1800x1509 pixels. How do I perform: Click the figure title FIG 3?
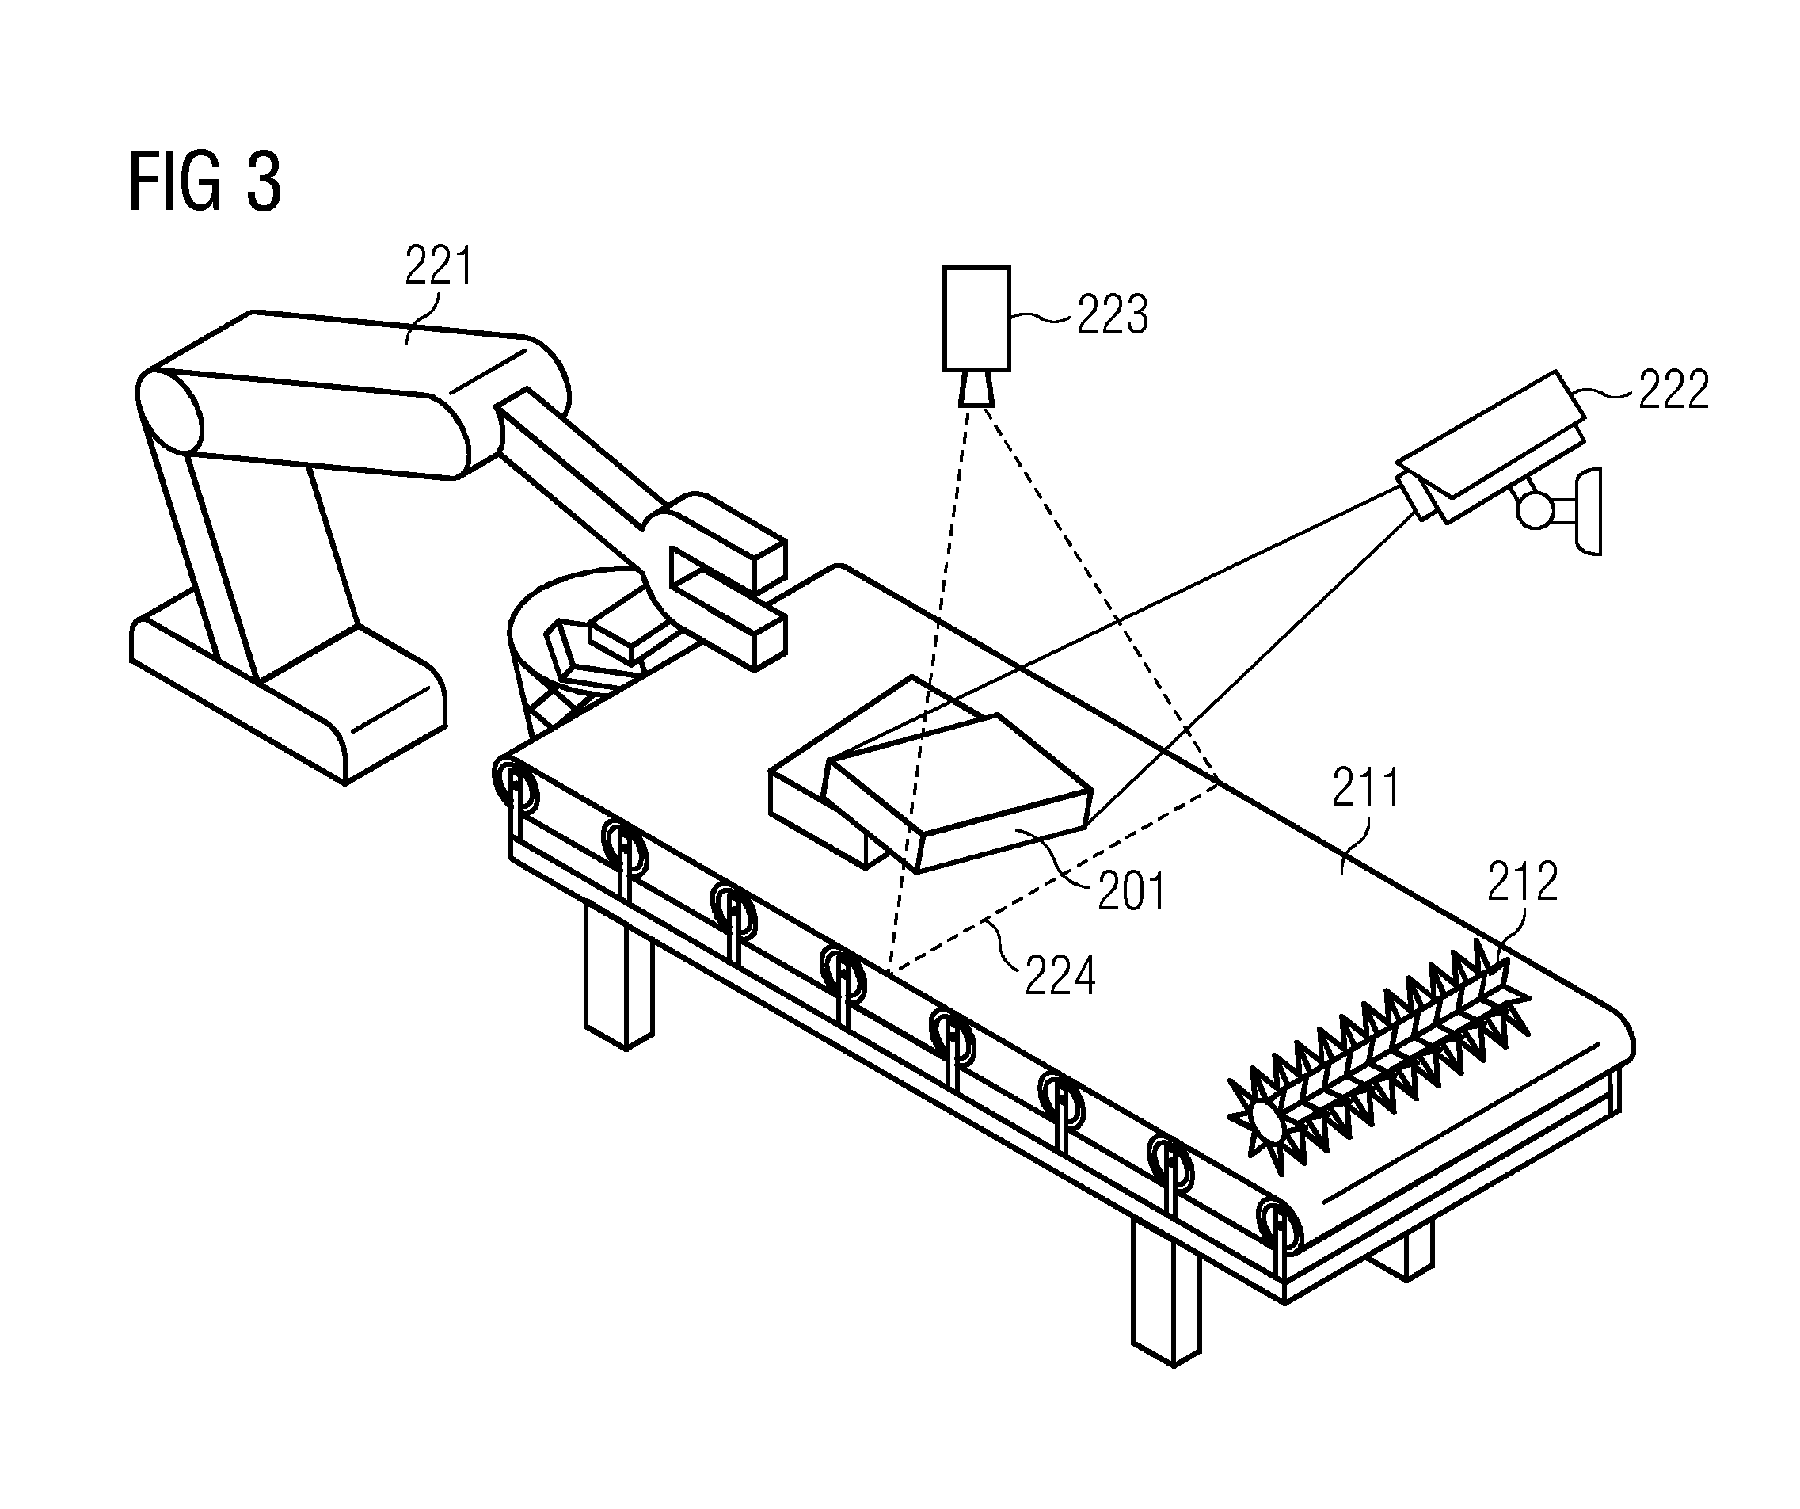pyautogui.click(x=204, y=181)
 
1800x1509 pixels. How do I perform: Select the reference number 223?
pyautogui.click(x=1112, y=314)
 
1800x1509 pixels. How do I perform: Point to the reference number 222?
pyautogui.click(x=1673, y=389)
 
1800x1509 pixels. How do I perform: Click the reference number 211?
pyautogui.click(x=1365, y=788)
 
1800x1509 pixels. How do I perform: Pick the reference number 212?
pyautogui.click(x=1522, y=882)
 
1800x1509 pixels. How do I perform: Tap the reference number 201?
pyautogui.click(x=1132, y=892)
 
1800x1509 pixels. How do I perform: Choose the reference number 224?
pyautogui.click(x=1060, y=977)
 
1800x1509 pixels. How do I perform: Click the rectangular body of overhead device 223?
pyautogui.click(x=976, y=318)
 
